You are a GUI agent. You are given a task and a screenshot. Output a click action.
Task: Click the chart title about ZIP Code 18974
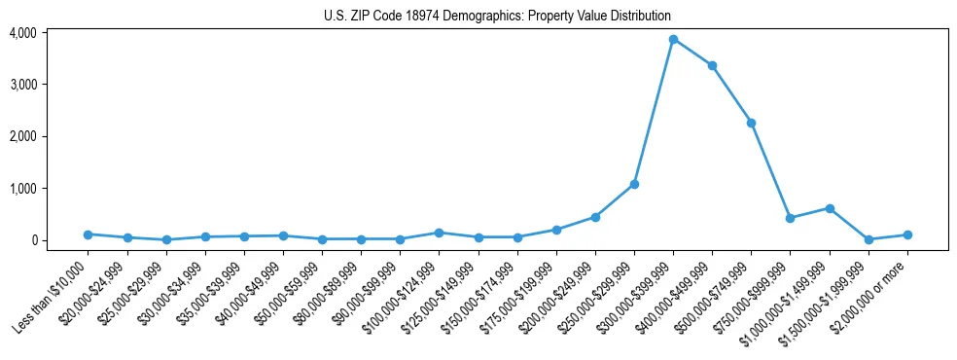(497, 17)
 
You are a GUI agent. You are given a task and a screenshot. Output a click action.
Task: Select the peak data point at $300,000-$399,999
(673, 39)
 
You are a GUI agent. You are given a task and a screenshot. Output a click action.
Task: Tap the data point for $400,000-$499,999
(712, 65)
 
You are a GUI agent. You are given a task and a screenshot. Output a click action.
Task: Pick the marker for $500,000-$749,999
(751, 123)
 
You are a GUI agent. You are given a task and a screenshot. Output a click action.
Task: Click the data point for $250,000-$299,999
(634, 184)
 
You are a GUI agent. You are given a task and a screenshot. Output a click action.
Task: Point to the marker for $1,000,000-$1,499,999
(830, 208)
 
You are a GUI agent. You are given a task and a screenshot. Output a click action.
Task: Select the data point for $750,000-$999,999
(791, 218)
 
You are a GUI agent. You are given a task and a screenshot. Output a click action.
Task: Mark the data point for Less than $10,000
(88, 234)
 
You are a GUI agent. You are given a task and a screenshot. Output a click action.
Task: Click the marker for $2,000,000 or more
(907, 234)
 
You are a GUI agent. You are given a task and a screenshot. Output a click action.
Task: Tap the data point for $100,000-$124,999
(439, 233)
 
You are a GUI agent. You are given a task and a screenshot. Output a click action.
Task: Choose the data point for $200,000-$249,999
(595, 217)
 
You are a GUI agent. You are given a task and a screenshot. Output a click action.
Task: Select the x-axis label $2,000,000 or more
(870, 292)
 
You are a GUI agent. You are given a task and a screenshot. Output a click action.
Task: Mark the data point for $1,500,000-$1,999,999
(868, 239)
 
